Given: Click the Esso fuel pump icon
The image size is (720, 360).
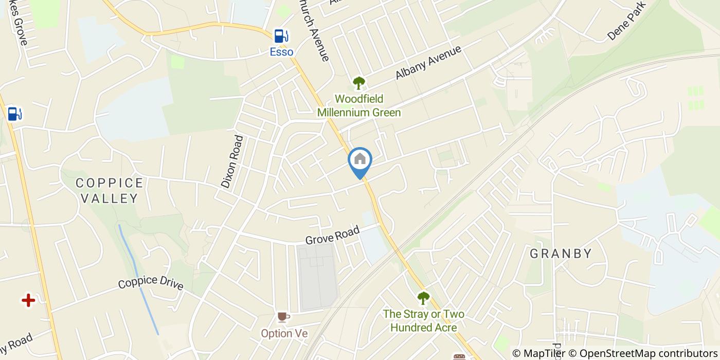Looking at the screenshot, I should (280, 35).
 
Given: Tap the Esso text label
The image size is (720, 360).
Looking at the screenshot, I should (282, 52).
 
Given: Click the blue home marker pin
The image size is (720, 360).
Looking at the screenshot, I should (360, 161).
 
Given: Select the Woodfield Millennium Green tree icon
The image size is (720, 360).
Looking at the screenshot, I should (358, 82).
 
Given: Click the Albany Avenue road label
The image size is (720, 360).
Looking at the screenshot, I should (428, 63).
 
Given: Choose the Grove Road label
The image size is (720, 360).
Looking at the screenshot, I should (332, 236).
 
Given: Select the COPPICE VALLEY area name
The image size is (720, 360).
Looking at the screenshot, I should (109, 190).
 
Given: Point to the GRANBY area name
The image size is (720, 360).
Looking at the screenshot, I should (561, 254).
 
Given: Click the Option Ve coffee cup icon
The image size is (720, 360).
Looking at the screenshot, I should (283, 317).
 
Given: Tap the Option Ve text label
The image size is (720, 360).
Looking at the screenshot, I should (284, 333).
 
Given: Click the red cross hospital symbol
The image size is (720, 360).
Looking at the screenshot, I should (28, 300).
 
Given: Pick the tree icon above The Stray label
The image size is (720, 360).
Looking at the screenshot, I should (423, 297).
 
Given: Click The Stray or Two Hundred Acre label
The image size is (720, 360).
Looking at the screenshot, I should (423, 320).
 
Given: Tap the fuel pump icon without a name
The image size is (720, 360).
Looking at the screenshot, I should (14, 114).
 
